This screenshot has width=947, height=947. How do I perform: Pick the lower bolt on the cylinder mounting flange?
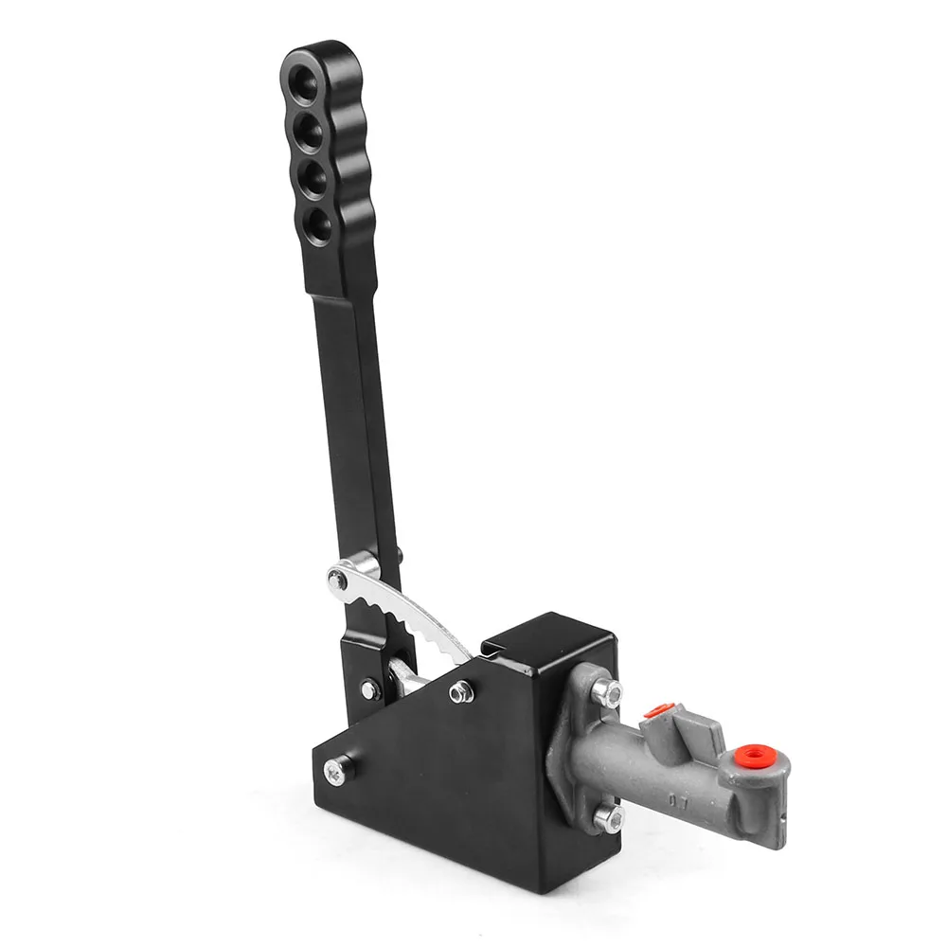(606, 816)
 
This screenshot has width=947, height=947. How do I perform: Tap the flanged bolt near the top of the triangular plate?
(460, 691)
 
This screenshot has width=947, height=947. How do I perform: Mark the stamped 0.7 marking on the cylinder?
(680, 800)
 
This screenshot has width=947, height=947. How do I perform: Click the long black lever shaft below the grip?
(355, 426)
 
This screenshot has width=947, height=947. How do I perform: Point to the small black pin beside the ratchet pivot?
(400, 553)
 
